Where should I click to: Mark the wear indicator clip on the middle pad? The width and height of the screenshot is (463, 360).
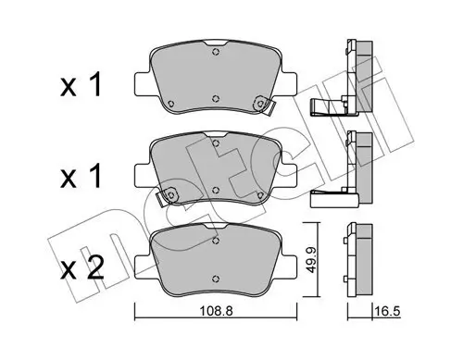[169, 196]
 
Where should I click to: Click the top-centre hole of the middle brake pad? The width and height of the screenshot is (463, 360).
[216, 143]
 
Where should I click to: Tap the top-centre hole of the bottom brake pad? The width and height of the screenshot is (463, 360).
[216, 238]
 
